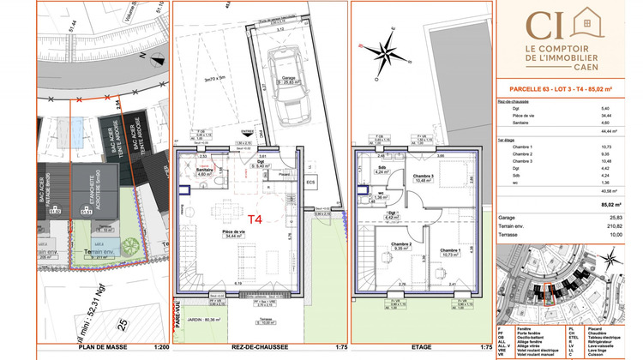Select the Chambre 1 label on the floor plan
[449, 252]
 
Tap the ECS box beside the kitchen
[310, 182]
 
